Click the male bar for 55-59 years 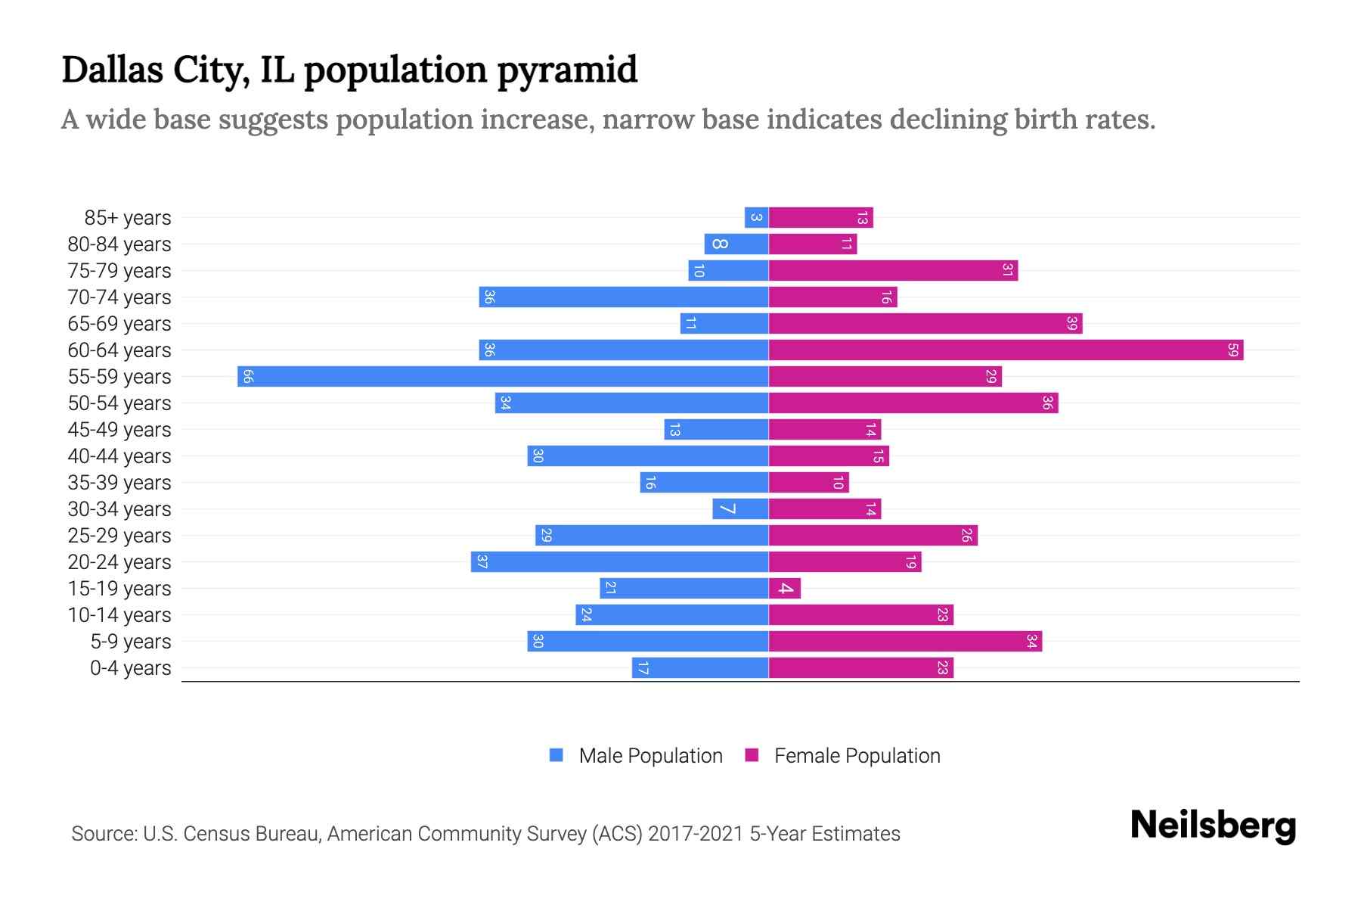[503, 376]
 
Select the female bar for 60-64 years [1006, 350]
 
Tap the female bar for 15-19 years [785, 588]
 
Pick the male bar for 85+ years [756, 217]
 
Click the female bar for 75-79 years [893, 270]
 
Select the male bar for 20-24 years [619, 561]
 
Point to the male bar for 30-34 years [740, 508]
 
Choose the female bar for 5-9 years [905, 641]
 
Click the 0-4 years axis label [130, 668]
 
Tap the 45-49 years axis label [119, 430]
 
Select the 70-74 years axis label [119, 297]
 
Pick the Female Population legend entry [843, 755]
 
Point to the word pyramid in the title [567, 70]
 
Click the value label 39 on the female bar [1071, 323]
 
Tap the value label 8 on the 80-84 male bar [719, 244]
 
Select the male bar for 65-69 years [724, 323]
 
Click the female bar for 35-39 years [808, 482]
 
